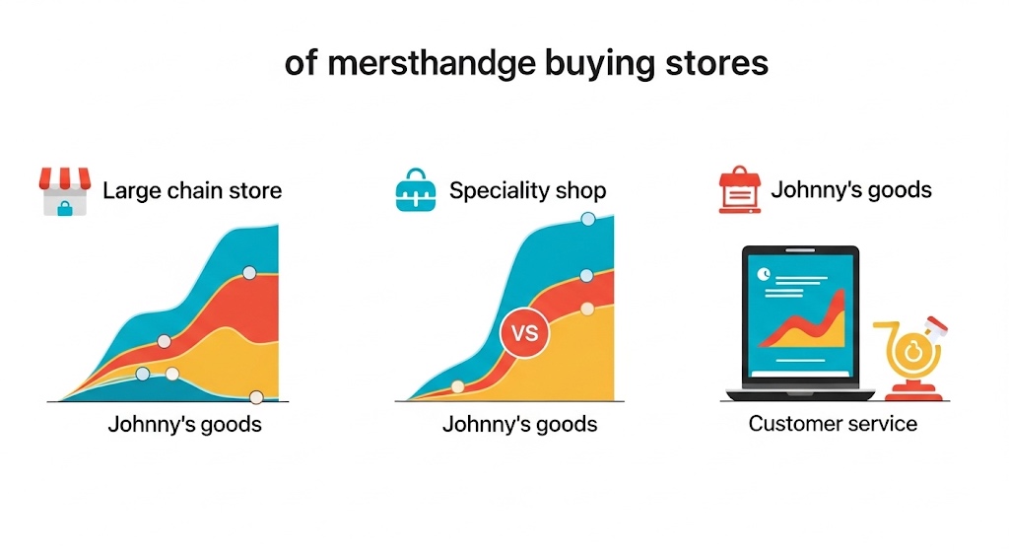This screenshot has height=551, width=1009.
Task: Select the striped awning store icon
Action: pos(64,191)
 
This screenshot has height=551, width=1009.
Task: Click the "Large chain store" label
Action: pos(192,190)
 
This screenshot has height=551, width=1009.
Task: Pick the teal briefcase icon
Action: pos(416,190)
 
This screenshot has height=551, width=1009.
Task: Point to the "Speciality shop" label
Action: pos(528,190)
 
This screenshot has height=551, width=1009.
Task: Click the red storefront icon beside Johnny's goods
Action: pos(739,189)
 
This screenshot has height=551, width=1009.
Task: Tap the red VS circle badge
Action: pos(524,333)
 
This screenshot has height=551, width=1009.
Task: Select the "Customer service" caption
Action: pos(833,424)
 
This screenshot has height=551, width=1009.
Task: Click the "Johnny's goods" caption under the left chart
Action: pos(184,425)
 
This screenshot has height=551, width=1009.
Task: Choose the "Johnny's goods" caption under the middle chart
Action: pos(520,424)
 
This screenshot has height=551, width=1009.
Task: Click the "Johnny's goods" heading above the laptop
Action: pos(851,190)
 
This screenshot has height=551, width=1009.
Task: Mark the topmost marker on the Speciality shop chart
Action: pos(588,219)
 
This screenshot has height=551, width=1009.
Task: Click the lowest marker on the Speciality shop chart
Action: pos(457,386)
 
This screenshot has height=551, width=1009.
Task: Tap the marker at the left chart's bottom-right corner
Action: pos(256,397)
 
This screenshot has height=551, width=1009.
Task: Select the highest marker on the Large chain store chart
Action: pos(249,273)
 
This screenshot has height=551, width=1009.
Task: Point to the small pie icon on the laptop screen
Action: pos(764,274)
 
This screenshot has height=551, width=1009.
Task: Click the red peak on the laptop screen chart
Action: pos(839,295)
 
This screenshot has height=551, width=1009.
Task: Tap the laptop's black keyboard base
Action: pos(800,394)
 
